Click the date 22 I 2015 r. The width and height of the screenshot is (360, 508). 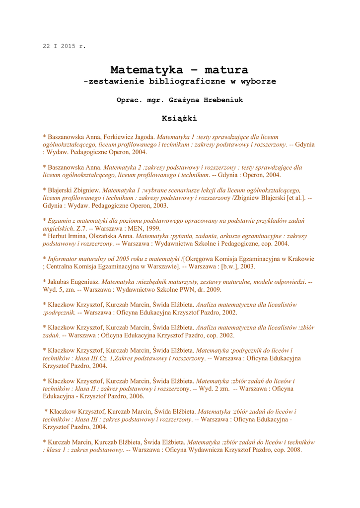click(64, 46)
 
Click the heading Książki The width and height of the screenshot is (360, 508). click(179, 118)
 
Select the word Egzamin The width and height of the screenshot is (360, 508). click(62, 221)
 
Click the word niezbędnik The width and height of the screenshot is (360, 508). click(156, 282)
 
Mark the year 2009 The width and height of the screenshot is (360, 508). click(214, 289)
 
